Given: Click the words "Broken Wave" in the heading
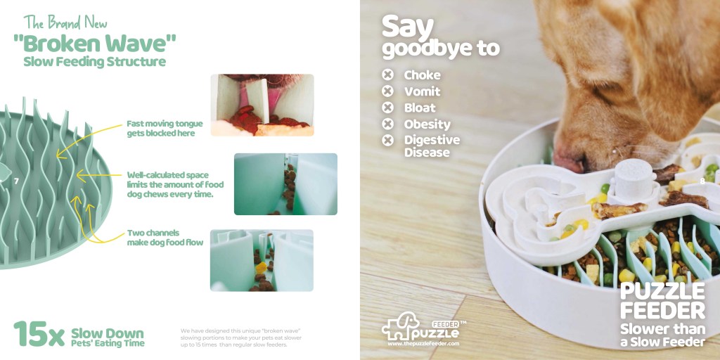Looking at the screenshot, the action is (x=95, y=43).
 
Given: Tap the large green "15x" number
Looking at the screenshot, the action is (x=39, y=334).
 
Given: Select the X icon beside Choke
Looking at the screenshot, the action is (x=388, y=75).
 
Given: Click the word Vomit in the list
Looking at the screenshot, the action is (x=422, y=91).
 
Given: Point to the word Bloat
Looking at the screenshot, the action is (x=420, y=108).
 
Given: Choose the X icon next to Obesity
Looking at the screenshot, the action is (x=388, y=124).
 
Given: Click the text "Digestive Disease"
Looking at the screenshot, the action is (x=432, y=146).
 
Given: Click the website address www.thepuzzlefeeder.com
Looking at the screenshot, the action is (x=423, y=343).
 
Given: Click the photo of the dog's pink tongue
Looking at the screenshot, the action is (x=262, y=105).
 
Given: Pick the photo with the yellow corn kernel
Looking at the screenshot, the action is (x=262, y=260).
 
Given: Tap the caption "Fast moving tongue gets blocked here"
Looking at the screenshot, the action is (x=165, y=129).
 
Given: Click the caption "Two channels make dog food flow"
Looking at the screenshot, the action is (x=165, y=238).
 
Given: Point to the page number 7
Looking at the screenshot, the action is (x=17, y=181).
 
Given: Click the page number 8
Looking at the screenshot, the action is (x=702, y=181).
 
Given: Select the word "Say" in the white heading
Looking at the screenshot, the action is (x=407, y=27).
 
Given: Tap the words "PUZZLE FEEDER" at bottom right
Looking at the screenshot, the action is (x=662, y=301).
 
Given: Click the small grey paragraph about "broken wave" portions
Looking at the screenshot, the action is (x=241, y=337).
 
